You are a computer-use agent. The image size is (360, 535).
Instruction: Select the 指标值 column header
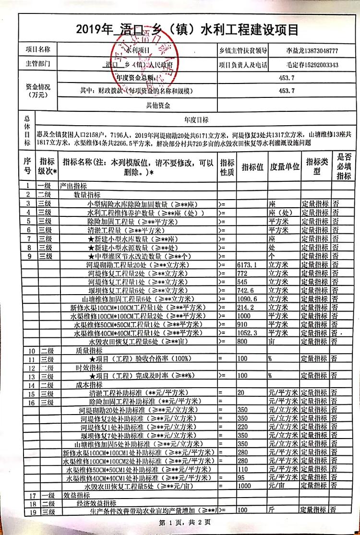tap(252, 167)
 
